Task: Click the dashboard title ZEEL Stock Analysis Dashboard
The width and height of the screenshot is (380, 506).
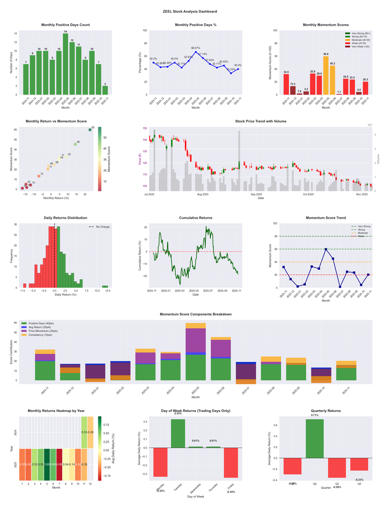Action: tap(190, 11)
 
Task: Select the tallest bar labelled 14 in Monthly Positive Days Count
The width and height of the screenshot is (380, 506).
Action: tap(66, 64)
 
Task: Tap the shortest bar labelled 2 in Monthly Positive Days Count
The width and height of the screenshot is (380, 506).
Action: tap(105, 90)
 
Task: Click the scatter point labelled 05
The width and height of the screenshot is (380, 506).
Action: tap(90, 130)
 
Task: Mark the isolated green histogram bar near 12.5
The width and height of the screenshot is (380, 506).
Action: tap(105, 286)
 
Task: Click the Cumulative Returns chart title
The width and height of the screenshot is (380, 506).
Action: tap(196, 218)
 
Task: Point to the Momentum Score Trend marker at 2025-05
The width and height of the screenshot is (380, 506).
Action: tap(325, 249)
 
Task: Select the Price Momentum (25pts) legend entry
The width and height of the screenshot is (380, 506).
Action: tap(43, 331)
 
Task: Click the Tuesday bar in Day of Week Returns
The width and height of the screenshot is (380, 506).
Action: tap(178, 433)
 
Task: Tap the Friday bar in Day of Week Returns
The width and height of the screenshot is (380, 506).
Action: tap(231, 462)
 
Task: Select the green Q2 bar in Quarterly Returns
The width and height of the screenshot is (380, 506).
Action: tap(315, 439)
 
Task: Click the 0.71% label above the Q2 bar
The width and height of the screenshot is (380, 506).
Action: tap(315, 415)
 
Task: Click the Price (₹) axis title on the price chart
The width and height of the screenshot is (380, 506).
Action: tap(141, 158)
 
